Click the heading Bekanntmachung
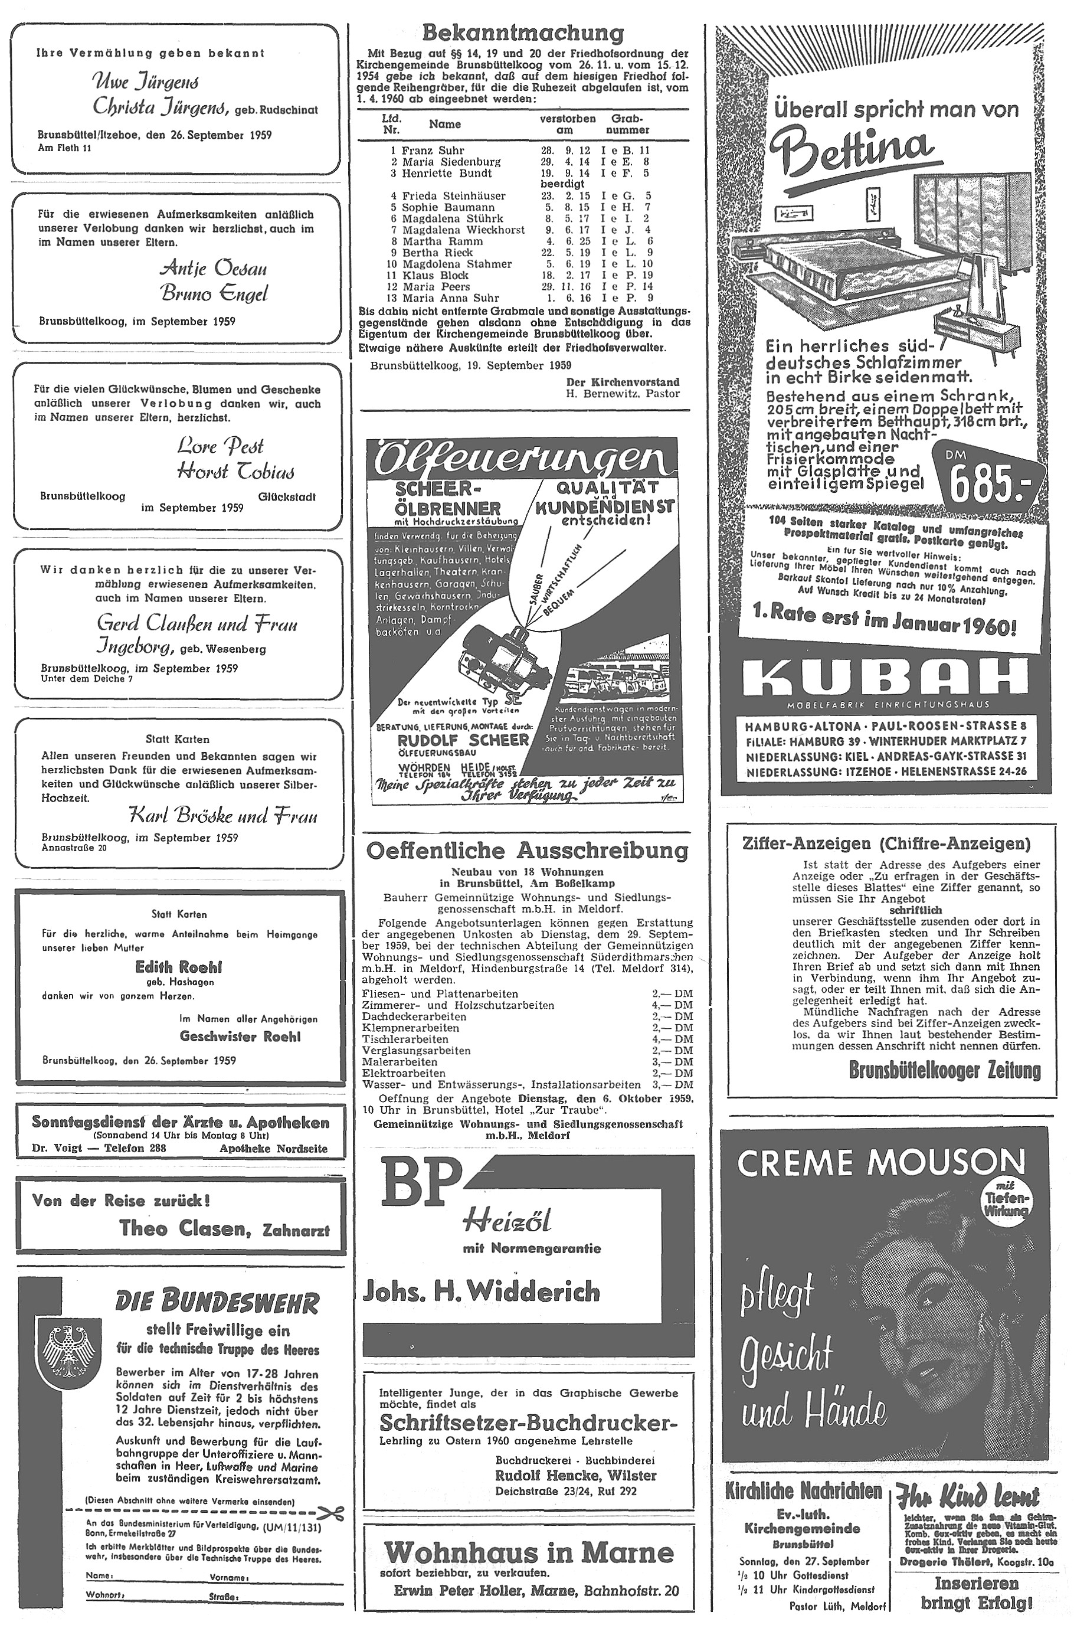523,33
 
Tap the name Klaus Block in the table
435,276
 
